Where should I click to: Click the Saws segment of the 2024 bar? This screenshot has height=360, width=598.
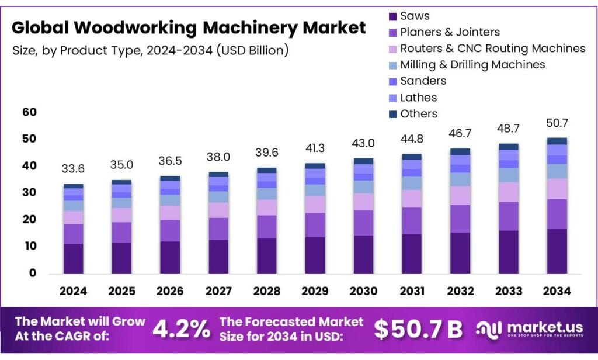[74, 258]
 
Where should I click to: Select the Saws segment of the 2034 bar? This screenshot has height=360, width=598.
[557, 251]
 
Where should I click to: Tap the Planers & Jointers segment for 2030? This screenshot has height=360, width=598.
[364, 223]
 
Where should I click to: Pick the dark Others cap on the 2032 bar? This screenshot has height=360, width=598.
[460, 151]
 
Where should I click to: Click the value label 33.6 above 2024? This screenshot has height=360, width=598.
[74, 169]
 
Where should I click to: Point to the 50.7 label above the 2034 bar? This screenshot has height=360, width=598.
[557, 123]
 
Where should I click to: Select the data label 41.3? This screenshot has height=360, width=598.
[315, 148]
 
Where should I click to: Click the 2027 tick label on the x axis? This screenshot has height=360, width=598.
[218, 291]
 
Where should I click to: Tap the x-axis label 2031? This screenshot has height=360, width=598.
[412, 291]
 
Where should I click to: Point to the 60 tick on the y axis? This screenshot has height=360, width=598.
[29, 112]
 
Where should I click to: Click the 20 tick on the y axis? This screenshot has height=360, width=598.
[29, 220]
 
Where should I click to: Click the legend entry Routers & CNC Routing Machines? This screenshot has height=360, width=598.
[492, 49]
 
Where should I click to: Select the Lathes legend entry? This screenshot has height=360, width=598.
[418, 98]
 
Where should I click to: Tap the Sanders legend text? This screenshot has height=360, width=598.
[423, 81]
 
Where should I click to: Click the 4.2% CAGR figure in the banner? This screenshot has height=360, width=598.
[181, 330]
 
